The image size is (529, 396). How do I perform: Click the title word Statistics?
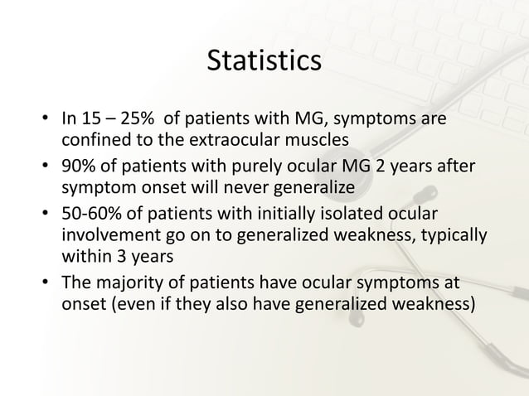coord(264,62)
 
